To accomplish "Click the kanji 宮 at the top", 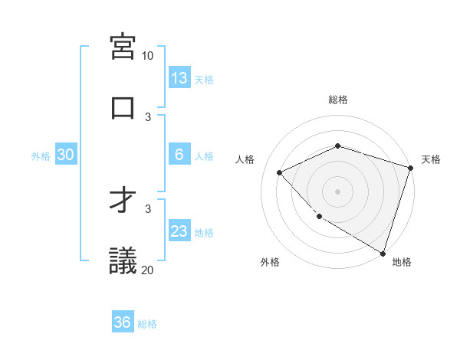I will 123,47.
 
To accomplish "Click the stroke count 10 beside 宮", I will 148,56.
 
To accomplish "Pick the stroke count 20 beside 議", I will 148,269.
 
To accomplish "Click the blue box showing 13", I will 179,78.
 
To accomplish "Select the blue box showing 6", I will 179,155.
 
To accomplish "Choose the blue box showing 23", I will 179,231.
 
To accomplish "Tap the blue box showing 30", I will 66,155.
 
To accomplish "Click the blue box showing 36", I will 123,322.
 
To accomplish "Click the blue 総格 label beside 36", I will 147,324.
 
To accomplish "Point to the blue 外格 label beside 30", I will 41,156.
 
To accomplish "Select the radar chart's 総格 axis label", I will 337,100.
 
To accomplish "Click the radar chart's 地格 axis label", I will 402,263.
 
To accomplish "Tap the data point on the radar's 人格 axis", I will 280,172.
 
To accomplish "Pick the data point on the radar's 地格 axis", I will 383,253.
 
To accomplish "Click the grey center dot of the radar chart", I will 337,191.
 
